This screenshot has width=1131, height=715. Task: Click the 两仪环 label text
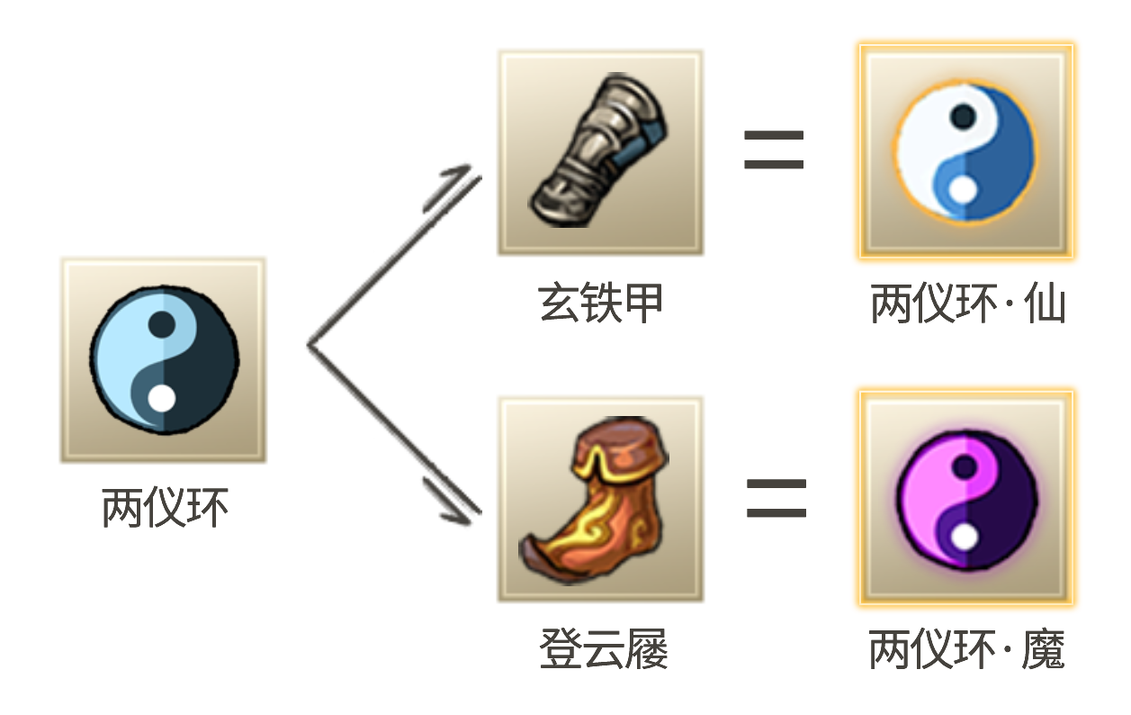tap(165, 508)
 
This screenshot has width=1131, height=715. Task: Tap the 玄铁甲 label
tap(600, 303)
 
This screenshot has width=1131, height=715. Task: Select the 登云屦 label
tap(603, 648)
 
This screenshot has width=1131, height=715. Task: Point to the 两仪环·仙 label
tap(966, 304)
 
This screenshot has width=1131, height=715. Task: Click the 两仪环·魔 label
tap(966, 649)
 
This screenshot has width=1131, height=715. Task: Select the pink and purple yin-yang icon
tap(965, 498)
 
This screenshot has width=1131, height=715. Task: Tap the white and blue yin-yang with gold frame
tap(965, 151)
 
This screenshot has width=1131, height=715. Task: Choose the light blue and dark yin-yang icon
tap(163, 359)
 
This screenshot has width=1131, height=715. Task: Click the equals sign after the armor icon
tap(773, 151)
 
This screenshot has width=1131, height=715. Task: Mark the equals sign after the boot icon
tap(776, 498)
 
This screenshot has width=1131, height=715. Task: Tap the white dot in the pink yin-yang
tap(965, 537)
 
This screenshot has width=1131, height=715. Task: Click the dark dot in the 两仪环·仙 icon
tap(964, 115)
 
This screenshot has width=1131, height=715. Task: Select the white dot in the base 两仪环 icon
tap(161, 397)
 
